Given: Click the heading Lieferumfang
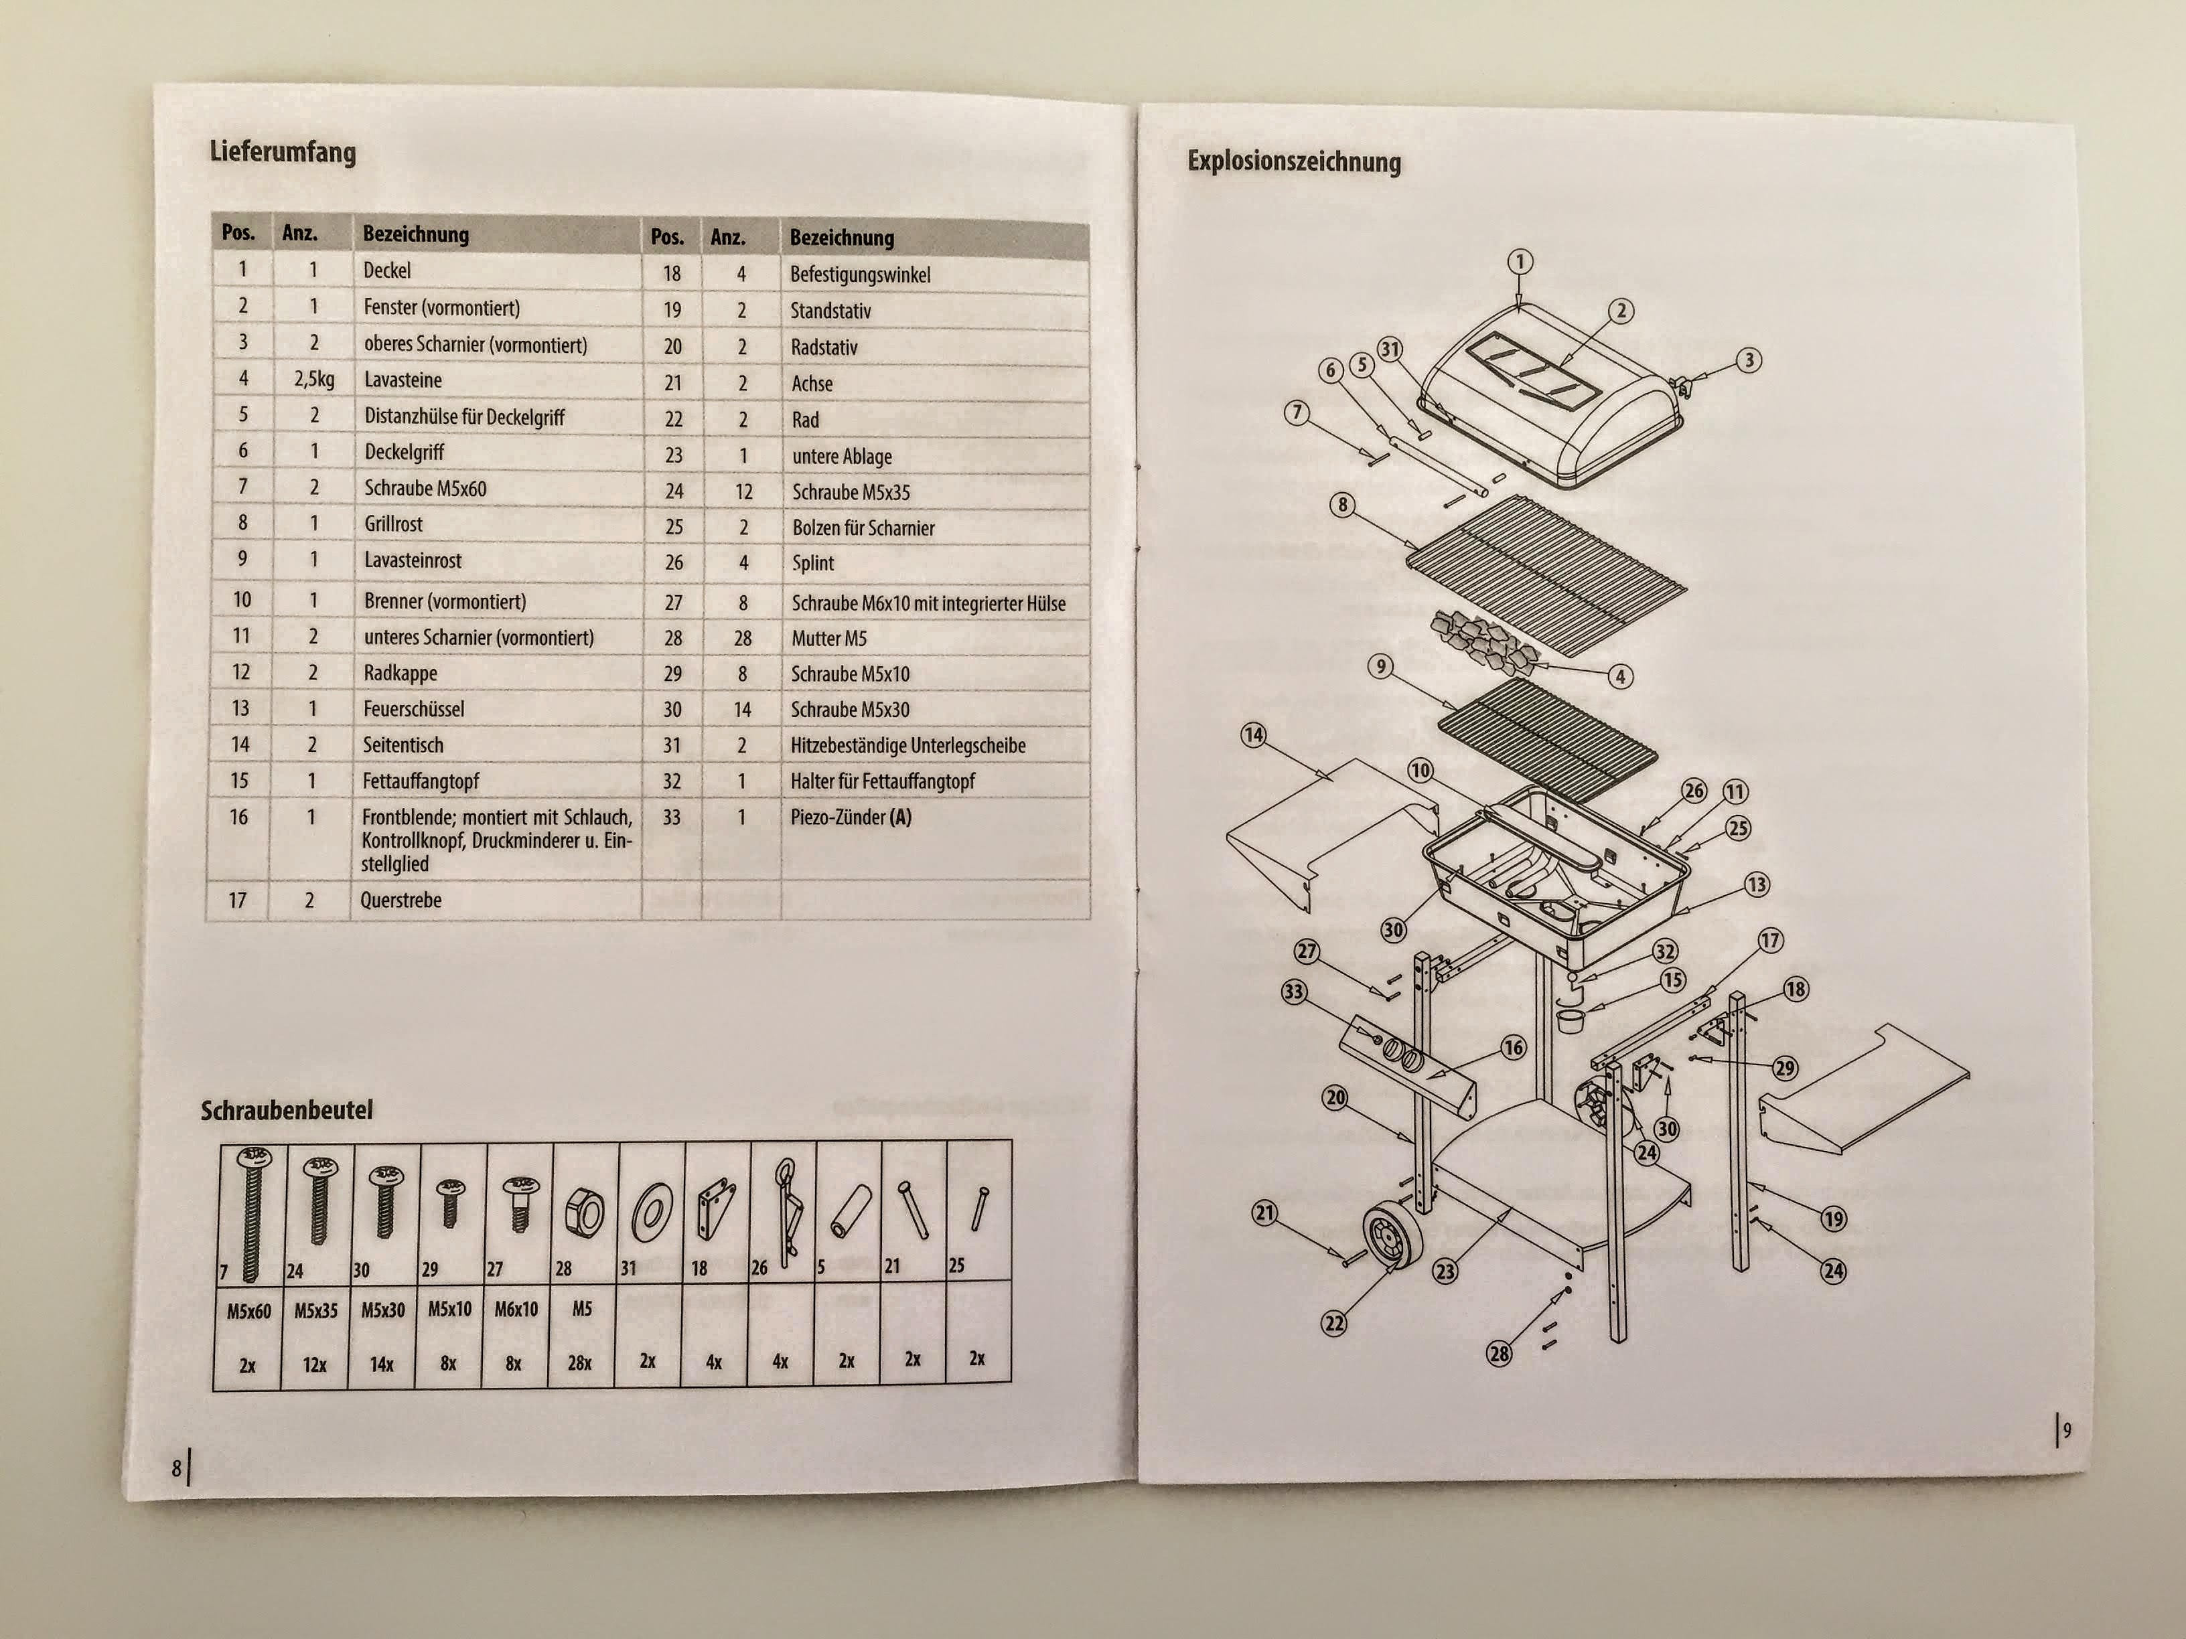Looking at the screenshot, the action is pyautogui.click(x=283, y=152).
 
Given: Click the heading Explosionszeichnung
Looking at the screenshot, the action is pyautogui.click(x=1294, y=161).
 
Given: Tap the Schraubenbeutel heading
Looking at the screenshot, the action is pyautogui.click(x=287, y=1111).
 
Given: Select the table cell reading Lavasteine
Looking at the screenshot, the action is pyautogui.click(x=403, y=380).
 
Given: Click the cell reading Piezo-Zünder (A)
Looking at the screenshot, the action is pyautogui.click(x=850, y=817).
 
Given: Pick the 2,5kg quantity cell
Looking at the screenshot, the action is pyautogui.click(x=313, y=380).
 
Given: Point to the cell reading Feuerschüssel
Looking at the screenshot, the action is pyautogui.click(x=413, y=708).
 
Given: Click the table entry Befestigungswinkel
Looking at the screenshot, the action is pyautogui.click(x=860, y=275).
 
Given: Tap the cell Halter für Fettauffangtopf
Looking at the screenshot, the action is pyautogui.click(x=881, y=781).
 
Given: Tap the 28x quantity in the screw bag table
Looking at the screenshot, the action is pyautogui.click(x=579, y=1363).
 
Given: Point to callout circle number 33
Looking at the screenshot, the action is pyautogui.click(x=1294, y=991).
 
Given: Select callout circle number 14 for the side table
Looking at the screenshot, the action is pyautogui.click(x=1253, y=735).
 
